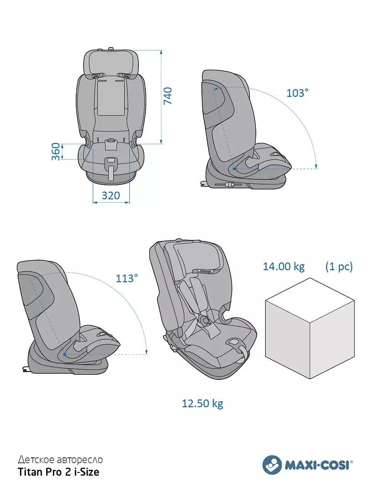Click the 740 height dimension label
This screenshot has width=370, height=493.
(168, 96)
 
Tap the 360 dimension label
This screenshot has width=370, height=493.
(56, 152)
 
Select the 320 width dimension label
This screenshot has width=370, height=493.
(111, 195)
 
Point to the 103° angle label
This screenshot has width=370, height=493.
(297, 93)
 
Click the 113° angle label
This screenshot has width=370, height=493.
(127, 278)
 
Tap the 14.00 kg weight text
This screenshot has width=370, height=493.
(284, 267)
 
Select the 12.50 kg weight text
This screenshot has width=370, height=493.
(203, 404)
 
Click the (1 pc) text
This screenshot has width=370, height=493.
(339, 267)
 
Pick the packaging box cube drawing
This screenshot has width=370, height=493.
(310, 328)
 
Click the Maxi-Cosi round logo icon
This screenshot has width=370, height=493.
(272, 464)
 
